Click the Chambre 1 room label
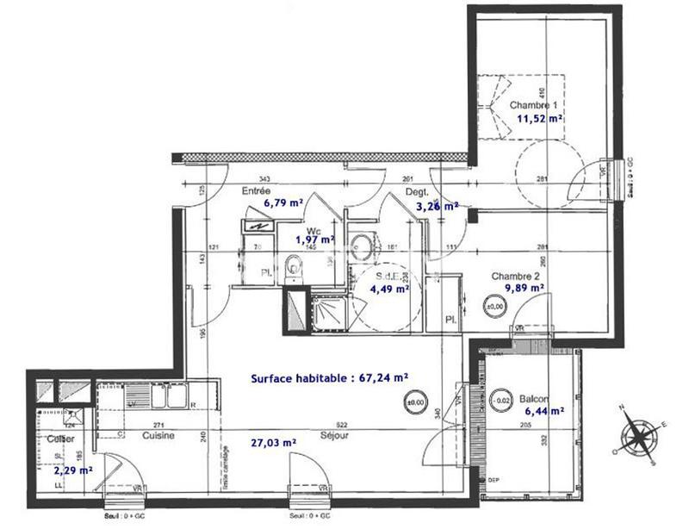538,105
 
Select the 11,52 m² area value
540,120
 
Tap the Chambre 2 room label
516,277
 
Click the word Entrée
257,190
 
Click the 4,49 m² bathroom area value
389,289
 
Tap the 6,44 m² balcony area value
543,412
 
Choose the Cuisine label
158,436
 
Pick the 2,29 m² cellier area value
72,471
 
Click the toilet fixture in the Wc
295,266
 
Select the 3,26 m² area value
436,207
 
